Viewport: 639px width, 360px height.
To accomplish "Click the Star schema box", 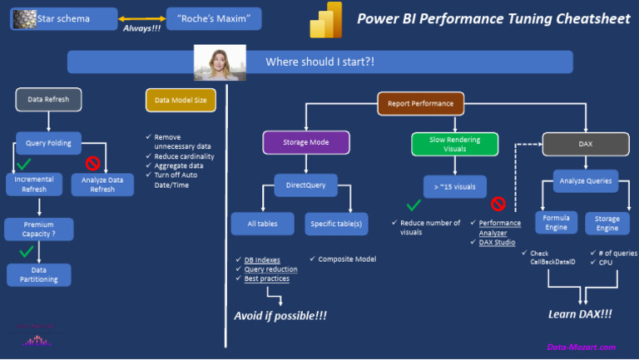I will coord(63,18).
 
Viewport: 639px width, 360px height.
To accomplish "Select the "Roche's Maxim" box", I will coord(214,18).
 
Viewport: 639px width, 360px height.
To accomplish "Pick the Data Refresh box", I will coord(49,100).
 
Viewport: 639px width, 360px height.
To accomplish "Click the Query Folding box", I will coord(49,142).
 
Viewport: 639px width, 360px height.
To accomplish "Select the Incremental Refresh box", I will coord(34,184).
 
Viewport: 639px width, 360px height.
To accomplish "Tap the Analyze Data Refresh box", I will coord(102,184).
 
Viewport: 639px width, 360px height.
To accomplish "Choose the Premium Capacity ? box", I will coord(39,229).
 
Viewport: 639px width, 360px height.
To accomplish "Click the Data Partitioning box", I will coord(39,274).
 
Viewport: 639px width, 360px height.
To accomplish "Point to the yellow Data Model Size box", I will coord(181,100).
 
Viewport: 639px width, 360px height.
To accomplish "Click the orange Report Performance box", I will coord(420,104).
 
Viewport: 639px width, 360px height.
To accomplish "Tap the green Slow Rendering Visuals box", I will coord(454,144).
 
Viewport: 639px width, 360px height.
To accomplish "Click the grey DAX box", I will coord(586,144).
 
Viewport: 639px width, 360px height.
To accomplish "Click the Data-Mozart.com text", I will coord(581,347).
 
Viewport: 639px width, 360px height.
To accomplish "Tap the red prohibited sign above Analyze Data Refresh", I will coord(92,162).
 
